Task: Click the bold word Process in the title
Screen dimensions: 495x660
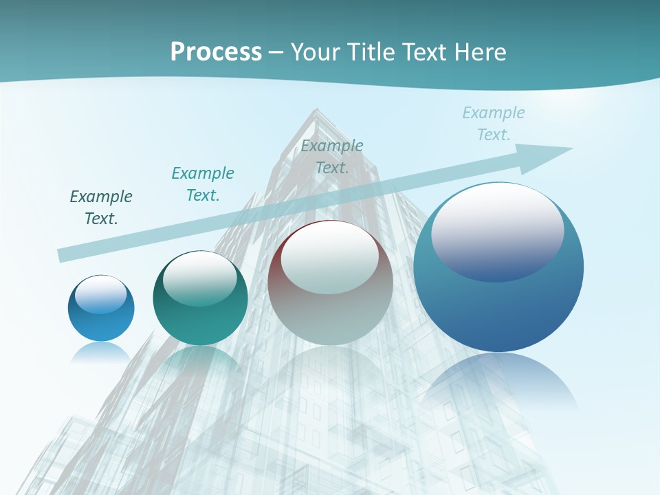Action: [216, 52]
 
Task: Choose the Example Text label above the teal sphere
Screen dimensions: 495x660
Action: [203, 184]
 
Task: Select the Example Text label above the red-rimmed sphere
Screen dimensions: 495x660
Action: [332, 156]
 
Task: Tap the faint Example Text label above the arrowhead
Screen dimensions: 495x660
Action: [493, 123]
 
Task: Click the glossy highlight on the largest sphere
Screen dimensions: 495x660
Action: [497, 232]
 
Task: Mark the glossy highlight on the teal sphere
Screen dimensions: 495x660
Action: [199, 278]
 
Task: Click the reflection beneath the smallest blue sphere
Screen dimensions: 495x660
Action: [101, 351]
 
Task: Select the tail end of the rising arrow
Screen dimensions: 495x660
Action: [62, 256]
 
